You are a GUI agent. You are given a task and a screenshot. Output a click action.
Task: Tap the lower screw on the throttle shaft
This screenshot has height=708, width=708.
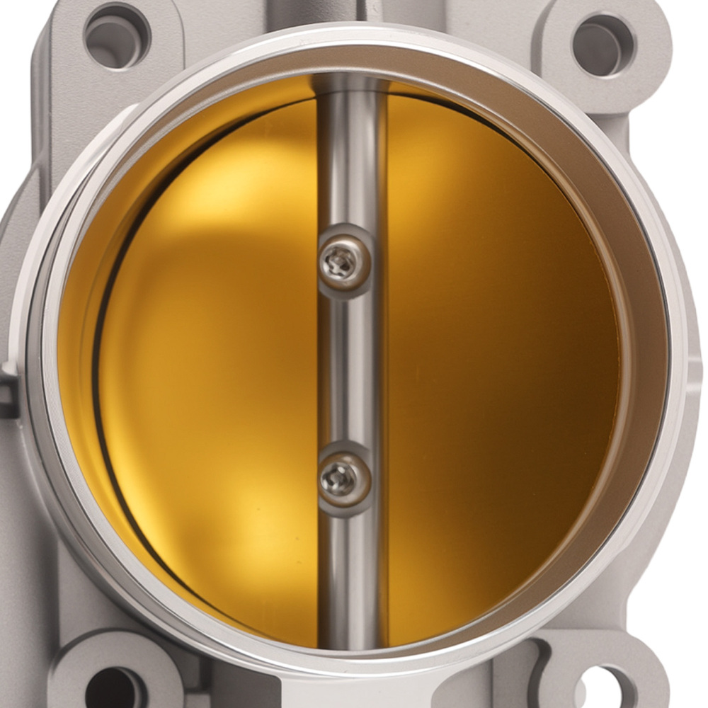coord(344,479)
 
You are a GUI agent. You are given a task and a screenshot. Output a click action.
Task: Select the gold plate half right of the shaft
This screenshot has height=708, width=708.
coord(496,354)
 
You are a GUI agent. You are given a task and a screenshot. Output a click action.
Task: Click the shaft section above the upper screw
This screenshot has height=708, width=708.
coord(349,156)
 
